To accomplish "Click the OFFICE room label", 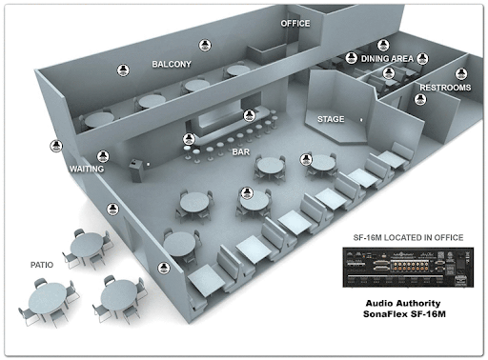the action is (295, 24).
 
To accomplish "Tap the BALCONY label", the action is (172, 64).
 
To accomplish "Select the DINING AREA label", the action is (387, 59).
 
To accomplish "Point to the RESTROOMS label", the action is (445, 88).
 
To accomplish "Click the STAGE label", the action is (331, 119).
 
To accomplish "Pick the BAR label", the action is (241, 152).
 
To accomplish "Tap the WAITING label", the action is (87, 169).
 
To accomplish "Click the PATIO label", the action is (42, 265).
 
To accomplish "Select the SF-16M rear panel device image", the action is (408, 268).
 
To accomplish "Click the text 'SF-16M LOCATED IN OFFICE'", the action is (408, 237).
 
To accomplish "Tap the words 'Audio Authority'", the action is (403, 304).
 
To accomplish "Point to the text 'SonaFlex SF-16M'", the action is (404, 314).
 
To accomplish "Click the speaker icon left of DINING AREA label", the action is (351, 58).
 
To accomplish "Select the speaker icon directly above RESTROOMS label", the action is (461, 74).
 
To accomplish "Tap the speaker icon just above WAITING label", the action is (103, 156).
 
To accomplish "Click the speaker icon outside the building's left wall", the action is (56, 146).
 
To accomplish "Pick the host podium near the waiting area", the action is (136, 170).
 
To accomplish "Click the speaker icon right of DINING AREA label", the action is (422, 58).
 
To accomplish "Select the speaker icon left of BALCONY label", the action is (123, 70).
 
